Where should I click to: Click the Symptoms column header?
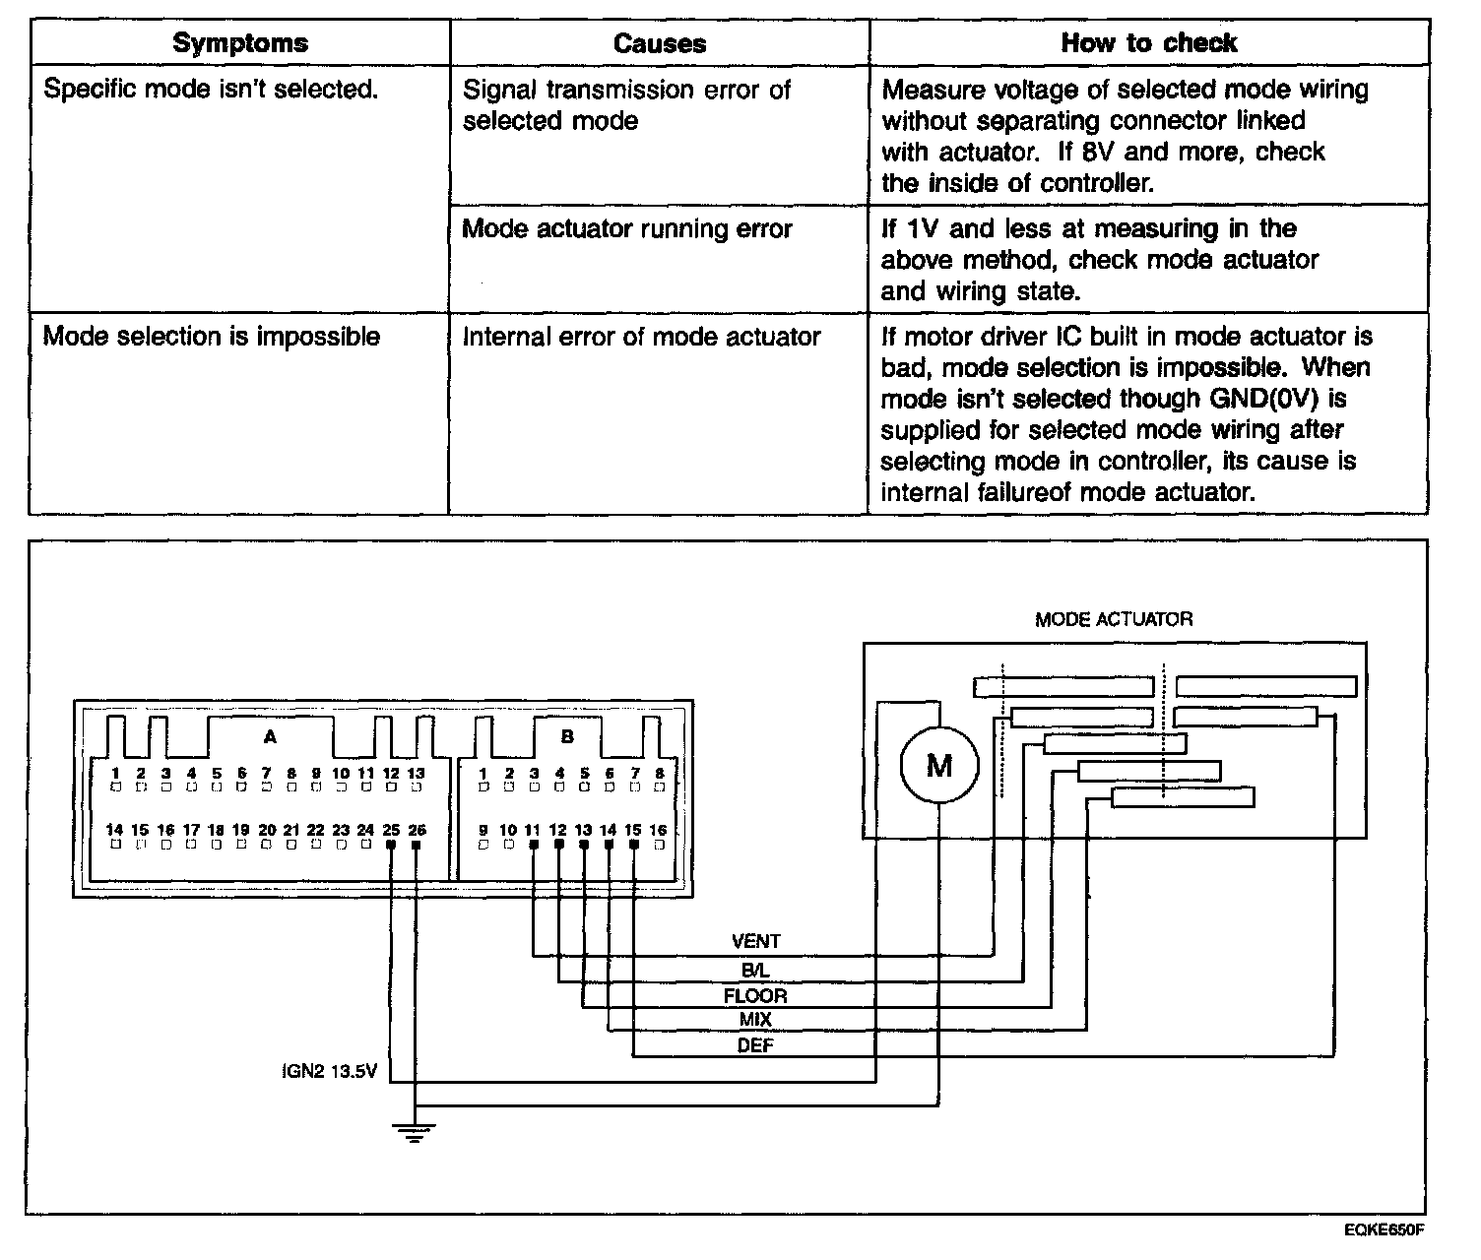click(239, 43)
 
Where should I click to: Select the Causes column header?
click(659, 43)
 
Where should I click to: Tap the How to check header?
click(1148, 43)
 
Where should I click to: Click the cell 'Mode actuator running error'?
click(627, 229)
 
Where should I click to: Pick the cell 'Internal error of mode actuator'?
click(641, 337)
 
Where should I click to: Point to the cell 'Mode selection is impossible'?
click(212, 337)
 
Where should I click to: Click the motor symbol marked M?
click(939, 765)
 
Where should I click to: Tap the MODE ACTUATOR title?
click(1113, 619)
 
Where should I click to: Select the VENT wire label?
click(755, 942)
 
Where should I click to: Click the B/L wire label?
click(755, 970)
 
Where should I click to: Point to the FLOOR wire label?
click(755, 995)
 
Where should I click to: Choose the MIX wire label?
click(755, 1021)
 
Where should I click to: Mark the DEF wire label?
click(755, 1045)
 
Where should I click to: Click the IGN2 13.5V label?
click(329, 1071)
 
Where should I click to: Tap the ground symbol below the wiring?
click(416, 1132)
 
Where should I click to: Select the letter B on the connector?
click(567, 735)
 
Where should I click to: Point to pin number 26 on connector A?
click(417, 830)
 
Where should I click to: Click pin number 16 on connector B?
click(658, 830)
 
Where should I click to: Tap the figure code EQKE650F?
click(1385, 1229)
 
